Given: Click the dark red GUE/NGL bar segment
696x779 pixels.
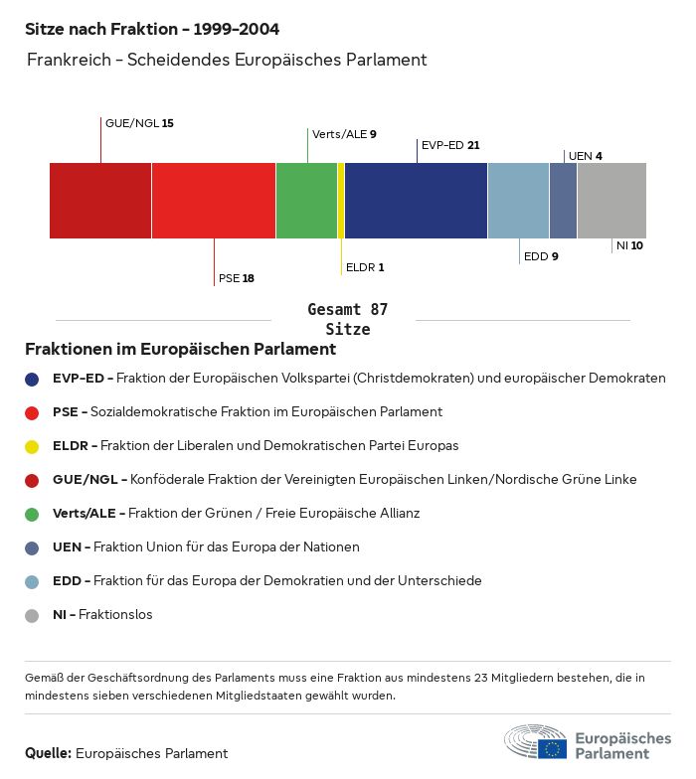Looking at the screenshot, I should pos(100,201).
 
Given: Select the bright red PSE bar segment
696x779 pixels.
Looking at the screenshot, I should pos(214,201).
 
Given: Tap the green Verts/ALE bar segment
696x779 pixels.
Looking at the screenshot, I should pos(306,201).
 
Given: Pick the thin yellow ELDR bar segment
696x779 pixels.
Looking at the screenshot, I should pos(341,201).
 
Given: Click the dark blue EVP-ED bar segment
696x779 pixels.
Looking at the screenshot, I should pos(416,201).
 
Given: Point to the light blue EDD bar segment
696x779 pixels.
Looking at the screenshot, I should pos(518,201).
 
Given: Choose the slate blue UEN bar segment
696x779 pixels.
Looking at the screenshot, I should pos(563,201).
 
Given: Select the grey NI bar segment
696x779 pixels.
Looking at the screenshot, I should pos(611,201).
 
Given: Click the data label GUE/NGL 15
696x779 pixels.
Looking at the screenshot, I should pos(139,123).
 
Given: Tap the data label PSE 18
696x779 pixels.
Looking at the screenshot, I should pos(237,278).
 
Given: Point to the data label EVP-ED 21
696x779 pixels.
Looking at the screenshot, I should pos(450,145).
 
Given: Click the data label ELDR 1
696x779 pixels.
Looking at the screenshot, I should pos(365,267).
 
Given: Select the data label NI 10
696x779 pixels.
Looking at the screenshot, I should pos(629,245).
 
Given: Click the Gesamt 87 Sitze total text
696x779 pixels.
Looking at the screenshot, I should pos(347,320).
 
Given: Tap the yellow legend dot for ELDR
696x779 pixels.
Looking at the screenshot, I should pos(32,446).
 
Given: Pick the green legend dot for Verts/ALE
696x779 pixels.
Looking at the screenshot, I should pos(32,514).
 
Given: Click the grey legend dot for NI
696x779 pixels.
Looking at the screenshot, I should pos(32,615).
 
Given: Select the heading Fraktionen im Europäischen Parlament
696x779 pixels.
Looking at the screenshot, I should pos(180,350).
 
